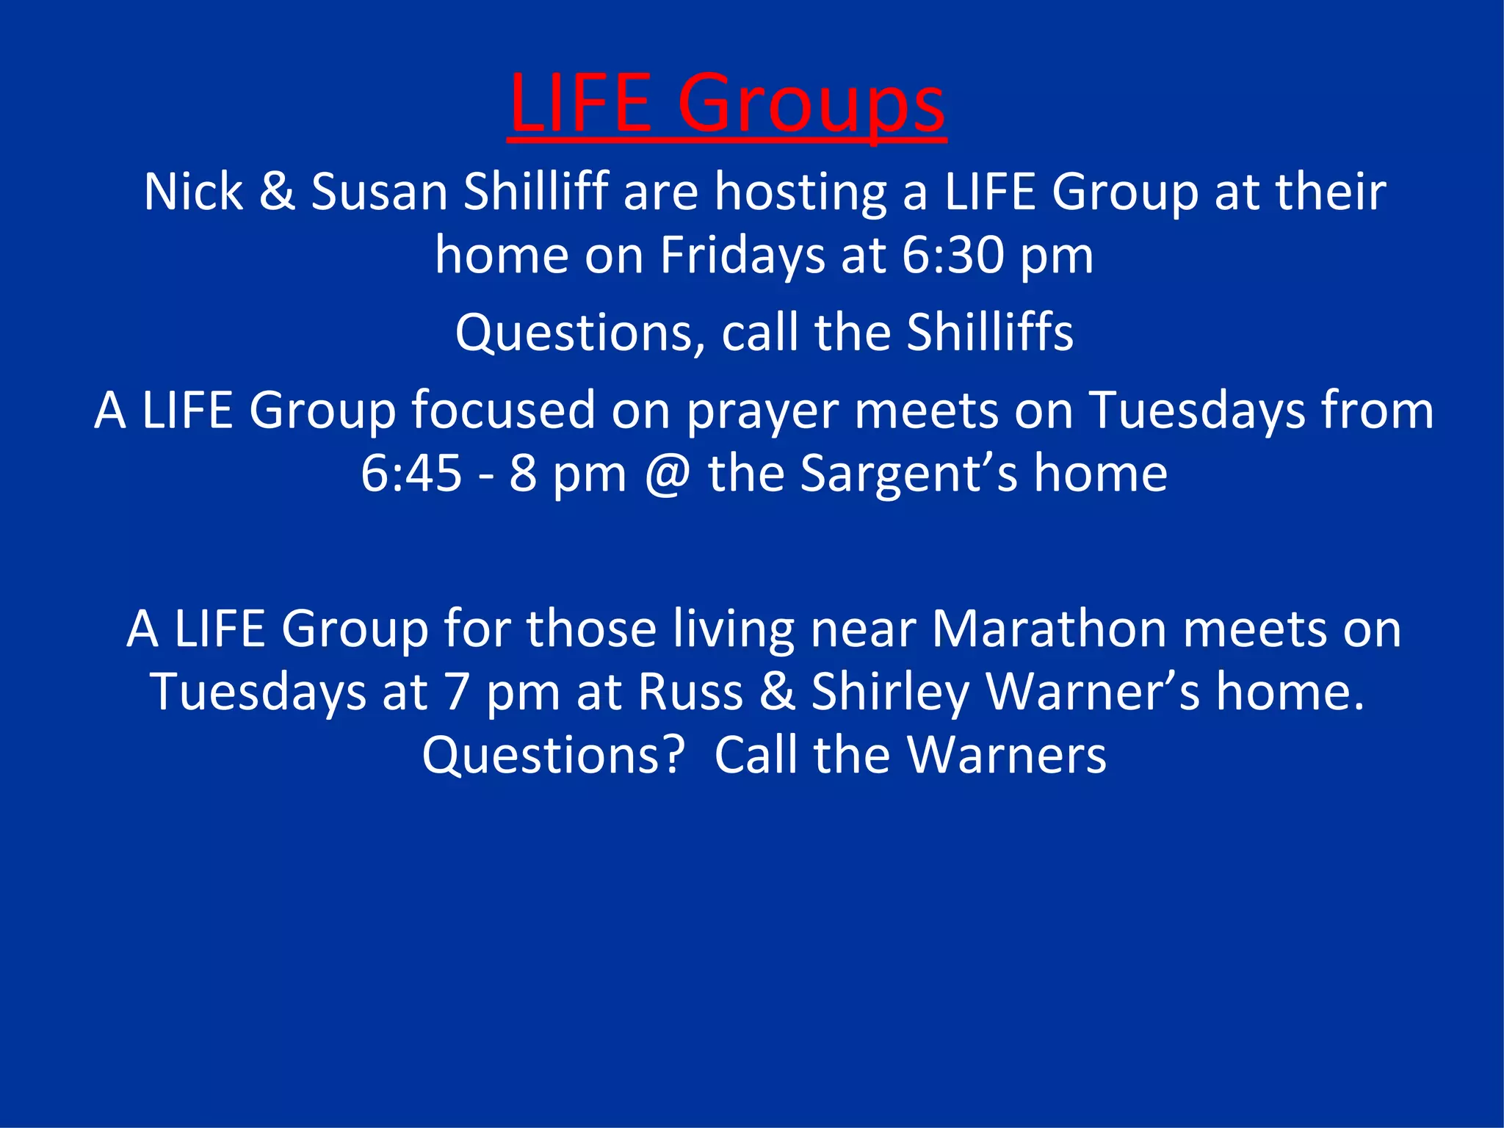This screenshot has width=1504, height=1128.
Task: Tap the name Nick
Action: (193, 192)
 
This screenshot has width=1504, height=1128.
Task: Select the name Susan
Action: (379, 192)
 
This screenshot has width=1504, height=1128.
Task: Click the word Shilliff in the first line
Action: (535, 192)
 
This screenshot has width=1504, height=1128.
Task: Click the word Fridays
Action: (742, 256)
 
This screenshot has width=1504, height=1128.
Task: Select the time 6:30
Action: (952, 256)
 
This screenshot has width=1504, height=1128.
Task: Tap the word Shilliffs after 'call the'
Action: (989, 333)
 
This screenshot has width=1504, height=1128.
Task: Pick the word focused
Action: (503, 410)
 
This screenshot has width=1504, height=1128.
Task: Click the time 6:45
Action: (411, 474)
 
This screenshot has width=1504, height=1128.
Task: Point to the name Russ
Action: (690, 693)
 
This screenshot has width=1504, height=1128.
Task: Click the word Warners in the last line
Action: (1005, 756)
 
